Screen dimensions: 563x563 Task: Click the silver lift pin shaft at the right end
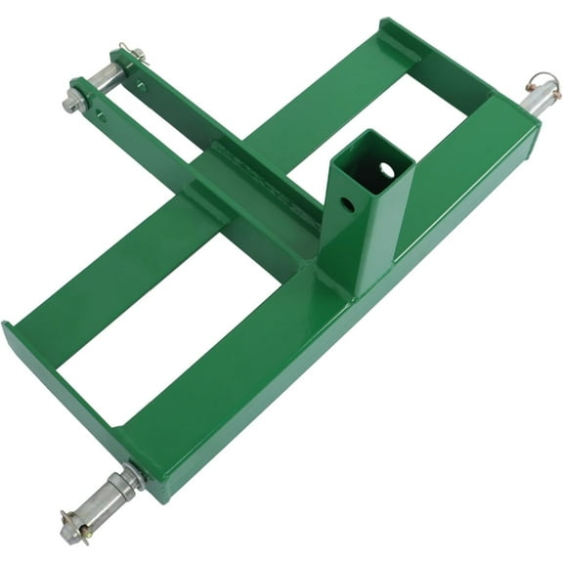click(536, 101)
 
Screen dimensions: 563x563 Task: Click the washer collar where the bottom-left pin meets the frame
click(132, 478)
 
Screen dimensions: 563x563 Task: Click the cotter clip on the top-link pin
click(131, 52)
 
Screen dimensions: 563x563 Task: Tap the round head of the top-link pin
click(73, 102)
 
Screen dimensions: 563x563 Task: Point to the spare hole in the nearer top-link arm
click(101, 116)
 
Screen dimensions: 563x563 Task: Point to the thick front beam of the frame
click(323, 332)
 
